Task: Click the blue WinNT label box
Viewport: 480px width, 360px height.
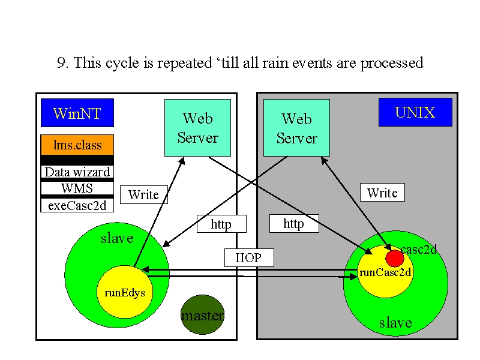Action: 77,113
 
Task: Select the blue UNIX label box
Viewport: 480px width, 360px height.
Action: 415,112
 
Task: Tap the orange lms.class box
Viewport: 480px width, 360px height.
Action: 77,145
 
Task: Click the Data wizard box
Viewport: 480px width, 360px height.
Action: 77,172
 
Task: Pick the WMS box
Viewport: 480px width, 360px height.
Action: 77,188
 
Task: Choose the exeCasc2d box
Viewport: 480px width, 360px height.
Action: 77,205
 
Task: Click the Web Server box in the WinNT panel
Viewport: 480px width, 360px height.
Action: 198,128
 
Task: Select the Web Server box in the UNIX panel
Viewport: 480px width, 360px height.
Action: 296,128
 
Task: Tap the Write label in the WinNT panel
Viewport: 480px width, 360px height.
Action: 144,194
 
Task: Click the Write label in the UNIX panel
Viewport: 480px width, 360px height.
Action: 382,192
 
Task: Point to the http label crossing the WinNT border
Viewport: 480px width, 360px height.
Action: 221,224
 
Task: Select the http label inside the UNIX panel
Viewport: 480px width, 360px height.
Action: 294,223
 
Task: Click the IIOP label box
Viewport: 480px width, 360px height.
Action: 249,257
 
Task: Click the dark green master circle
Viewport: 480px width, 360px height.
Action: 203,314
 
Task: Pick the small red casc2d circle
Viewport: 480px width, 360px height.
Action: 395,259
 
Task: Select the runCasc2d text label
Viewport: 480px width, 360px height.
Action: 385,272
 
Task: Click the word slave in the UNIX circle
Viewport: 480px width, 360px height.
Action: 395,323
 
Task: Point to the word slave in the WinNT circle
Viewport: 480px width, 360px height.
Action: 117,238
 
